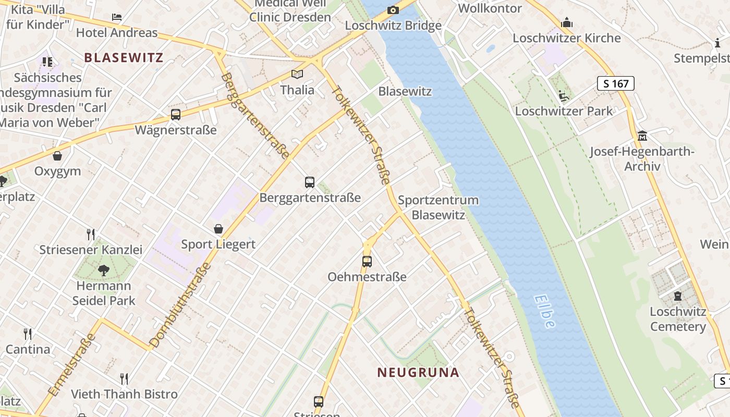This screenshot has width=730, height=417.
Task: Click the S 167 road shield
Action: point(615,83)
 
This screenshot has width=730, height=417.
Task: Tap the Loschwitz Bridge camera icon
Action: point(393,10)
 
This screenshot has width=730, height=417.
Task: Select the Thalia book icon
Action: point(297,75)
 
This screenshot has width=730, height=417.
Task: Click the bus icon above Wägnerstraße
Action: point(176,115)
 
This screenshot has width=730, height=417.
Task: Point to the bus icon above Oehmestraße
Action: point(367,261)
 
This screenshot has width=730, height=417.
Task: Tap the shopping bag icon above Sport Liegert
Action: point(218,229)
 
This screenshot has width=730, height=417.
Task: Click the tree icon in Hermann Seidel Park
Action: point(104,270)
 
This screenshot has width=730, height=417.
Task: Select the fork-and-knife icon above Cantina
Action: point(28,334)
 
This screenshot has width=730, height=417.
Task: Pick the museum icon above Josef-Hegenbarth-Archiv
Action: point(642,136)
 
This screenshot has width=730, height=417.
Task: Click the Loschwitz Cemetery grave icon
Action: point(678,296)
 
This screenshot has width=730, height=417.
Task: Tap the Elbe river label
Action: point(544,311)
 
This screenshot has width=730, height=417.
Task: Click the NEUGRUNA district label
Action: point(418,372)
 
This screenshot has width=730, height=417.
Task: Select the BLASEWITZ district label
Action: point(124,57)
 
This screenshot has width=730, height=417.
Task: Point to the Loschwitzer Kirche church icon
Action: point(567,22)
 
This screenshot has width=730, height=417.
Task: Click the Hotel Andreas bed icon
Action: point(117,17)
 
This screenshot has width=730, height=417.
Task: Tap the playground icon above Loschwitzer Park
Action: point(563,96)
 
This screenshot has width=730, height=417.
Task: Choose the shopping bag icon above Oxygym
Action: point(57,156)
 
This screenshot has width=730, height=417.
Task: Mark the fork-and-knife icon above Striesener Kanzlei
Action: point(91,234)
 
